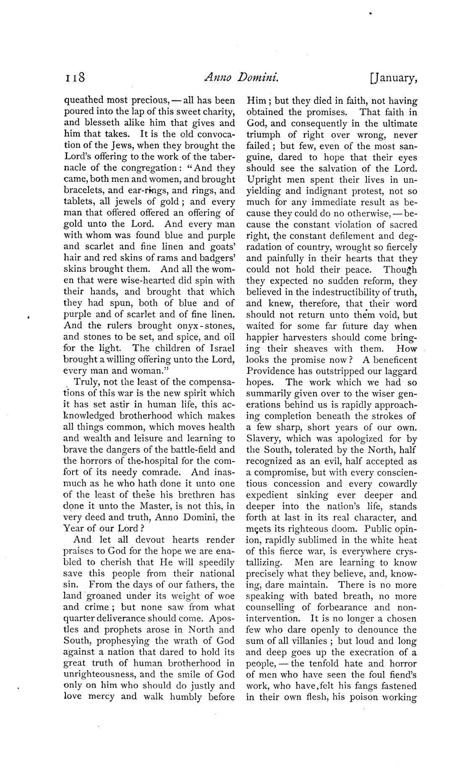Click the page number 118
pos(75,79)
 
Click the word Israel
pos(220,348)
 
